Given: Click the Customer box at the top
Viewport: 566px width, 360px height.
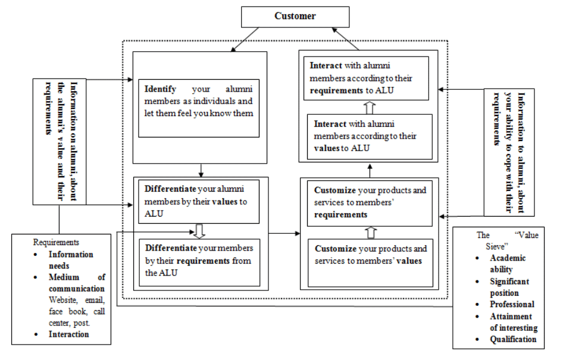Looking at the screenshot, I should [x=295, y=16].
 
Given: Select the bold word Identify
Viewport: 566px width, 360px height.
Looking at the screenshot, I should [x=160, y=89].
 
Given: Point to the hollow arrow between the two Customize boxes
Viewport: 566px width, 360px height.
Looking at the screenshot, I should [x=370, y=232].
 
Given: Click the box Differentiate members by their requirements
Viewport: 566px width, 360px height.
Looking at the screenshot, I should [x=199, y=260].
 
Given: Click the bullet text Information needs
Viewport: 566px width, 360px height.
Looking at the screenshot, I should [x=71, y=259].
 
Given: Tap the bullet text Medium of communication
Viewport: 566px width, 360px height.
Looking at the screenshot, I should [x=76, y=283].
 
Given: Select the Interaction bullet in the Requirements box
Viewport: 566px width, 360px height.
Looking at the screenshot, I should [x=68, y=334].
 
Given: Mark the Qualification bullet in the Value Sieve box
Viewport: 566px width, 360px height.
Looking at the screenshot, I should [x=512, y=339].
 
